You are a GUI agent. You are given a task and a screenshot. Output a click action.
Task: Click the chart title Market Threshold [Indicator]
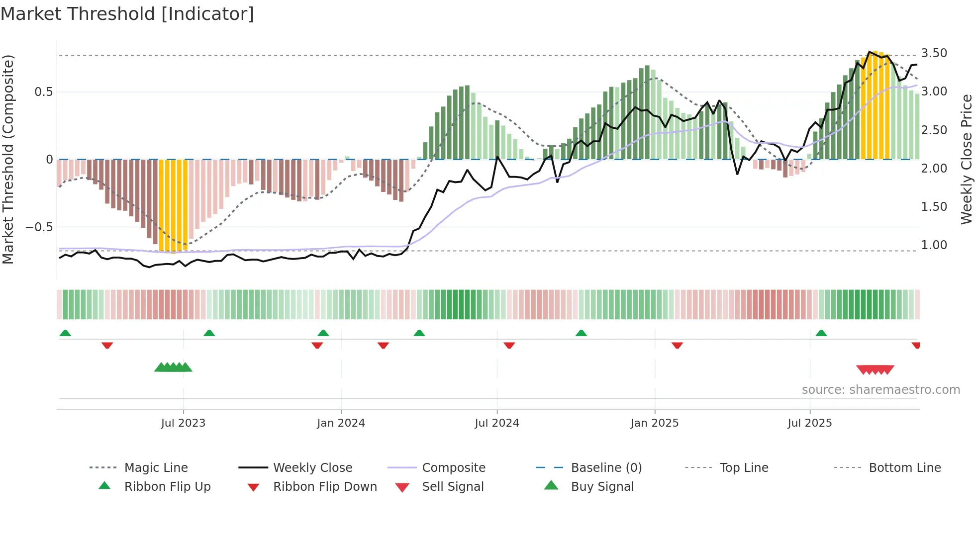click(x=127, y=14)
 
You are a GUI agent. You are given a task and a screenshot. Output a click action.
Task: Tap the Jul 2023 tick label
click(x=183, y=423)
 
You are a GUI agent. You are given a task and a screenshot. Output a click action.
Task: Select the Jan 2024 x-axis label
click(x=341, y=423)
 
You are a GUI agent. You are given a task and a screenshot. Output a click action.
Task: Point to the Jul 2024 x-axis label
click(x=496, y=423)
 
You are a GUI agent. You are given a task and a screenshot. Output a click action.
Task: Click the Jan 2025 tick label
click(x=654, y=423)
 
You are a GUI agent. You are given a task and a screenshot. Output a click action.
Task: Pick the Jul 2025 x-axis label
click(x=809, y=423)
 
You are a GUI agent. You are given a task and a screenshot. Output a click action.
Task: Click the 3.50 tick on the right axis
click(x=934, y=53)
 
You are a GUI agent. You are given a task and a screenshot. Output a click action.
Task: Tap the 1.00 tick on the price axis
click(x=934, y=245)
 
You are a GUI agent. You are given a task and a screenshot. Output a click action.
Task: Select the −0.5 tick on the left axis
click(x=39, y=227)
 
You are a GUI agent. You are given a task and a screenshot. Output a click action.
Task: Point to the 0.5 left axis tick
click(x=43, y=92)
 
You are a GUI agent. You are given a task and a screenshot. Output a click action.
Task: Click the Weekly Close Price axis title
click(x=966, y=159)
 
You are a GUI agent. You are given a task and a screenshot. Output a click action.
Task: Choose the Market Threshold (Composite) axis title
click(x=8, y=159)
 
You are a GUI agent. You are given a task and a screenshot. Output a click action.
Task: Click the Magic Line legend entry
click(x=156, y=468)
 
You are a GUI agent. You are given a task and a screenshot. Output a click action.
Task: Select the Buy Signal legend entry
click(x=602, y=487)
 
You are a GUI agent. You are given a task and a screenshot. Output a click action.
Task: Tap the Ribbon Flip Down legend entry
click(x=324, y=487)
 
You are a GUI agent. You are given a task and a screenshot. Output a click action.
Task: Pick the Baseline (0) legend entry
click(x=606, y=468)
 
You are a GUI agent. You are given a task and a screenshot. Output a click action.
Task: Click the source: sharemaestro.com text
click(x=880, y=390)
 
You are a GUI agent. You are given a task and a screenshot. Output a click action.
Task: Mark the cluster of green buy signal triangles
click(x=173, y=367)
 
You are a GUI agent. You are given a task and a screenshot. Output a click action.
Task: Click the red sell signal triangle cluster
click(x=875, y=369)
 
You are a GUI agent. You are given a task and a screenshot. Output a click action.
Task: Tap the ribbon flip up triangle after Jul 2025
click(x=821, y=333)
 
